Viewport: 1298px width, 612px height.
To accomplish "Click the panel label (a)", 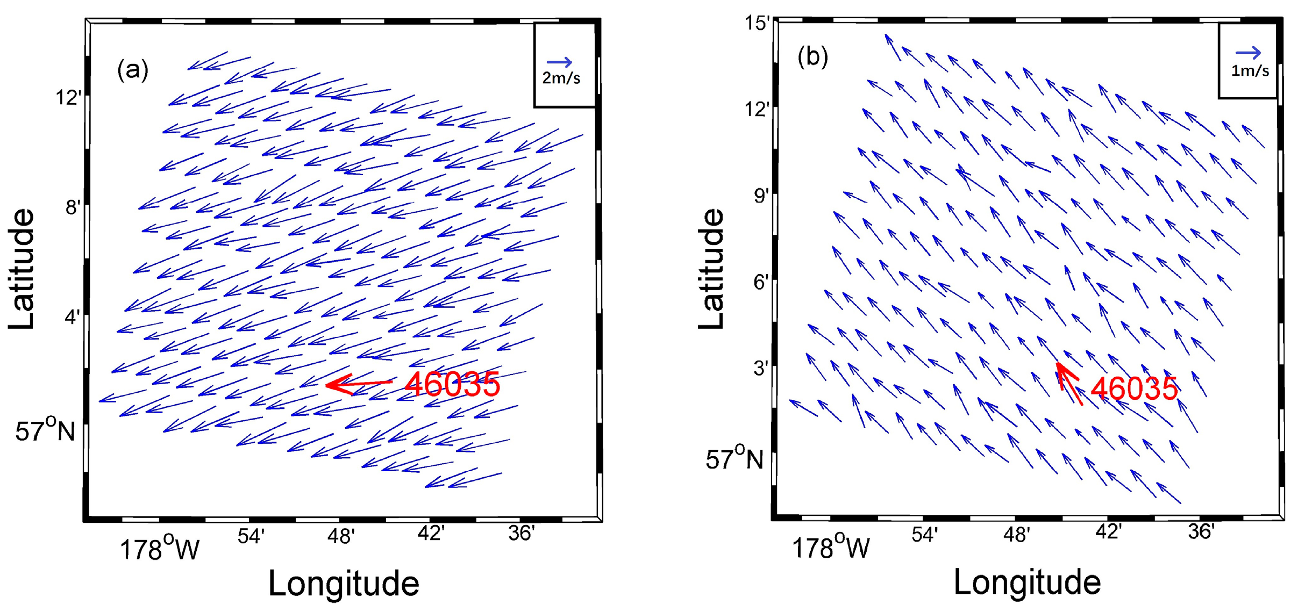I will [132, 70].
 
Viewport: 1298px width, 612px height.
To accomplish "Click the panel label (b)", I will [812, 56].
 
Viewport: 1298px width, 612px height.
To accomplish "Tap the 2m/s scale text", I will [561, 78].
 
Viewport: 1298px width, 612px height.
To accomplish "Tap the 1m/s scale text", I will [1250, 70].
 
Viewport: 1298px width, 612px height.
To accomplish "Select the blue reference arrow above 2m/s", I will [559, 62].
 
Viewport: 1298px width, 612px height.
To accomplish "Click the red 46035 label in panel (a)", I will [452, 384].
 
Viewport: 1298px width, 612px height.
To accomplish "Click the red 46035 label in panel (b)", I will [1134, 388].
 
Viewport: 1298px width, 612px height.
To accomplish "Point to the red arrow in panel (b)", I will [1069, 383].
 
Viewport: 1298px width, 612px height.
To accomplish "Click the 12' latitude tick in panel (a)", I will [69, 98].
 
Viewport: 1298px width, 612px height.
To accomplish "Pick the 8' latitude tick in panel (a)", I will [73, 207].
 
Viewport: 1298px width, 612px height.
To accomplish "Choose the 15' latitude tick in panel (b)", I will [757, 23].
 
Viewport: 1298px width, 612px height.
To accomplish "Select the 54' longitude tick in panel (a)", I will [251, 536].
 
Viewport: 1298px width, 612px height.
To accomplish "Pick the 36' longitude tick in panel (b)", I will [1201, 532].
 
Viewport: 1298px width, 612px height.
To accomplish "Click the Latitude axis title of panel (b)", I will [711, 269].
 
